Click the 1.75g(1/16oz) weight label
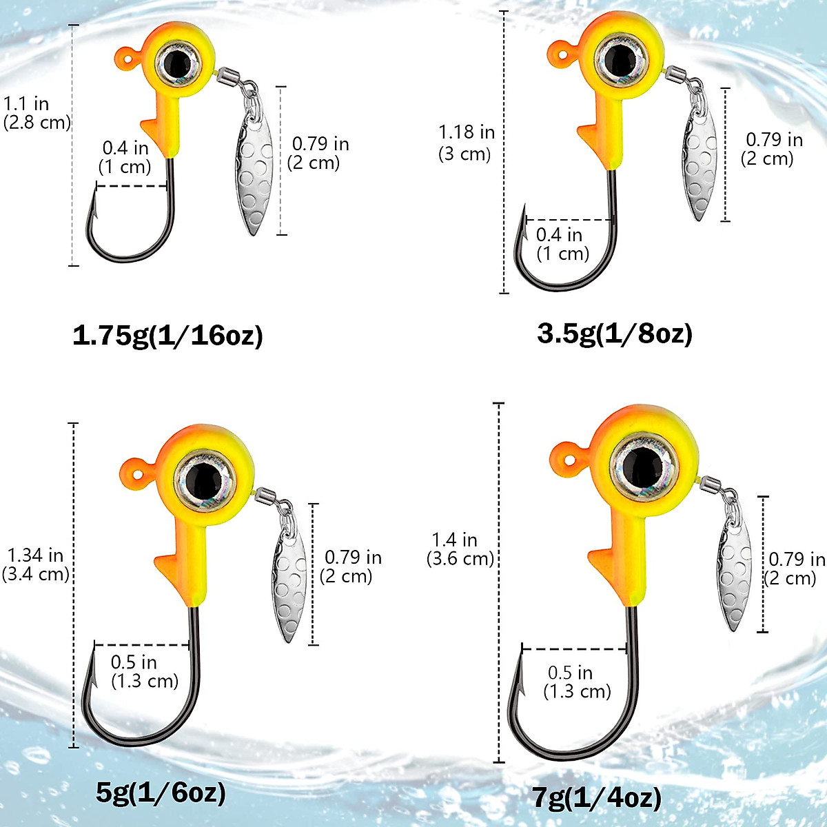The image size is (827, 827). [167, 336]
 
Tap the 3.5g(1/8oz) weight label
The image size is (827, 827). [614, 333]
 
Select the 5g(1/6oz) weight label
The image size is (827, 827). [161, 793]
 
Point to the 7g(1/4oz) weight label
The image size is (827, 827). [596, 798]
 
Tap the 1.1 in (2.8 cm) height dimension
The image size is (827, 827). [36, 113]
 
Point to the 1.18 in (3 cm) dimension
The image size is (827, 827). [467, 143]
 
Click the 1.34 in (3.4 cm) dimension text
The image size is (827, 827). [36, 564]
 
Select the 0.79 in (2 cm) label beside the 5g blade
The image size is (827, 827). [351, 566]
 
